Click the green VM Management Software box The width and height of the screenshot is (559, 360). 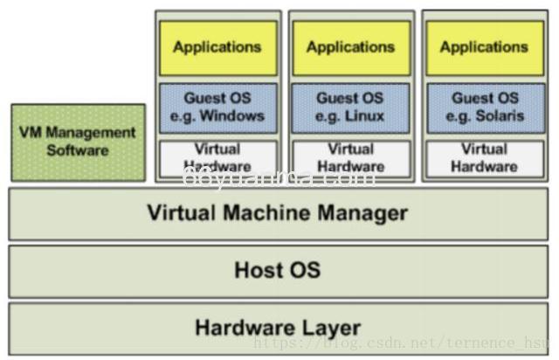click(x=78, y=142)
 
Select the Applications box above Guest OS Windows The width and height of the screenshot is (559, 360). click(x=217, y=47)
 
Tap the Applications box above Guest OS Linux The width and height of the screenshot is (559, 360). click(x=350, y=47)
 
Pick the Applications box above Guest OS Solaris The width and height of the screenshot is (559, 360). click(x=484, y=47)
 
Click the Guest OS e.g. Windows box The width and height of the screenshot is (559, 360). click(x=217, y=107)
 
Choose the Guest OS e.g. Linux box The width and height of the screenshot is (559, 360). click(x=350, y=107)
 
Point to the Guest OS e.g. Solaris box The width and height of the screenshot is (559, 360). click(x=484, y=107)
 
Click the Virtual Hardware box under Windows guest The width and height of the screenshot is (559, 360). click(x=217, y=157)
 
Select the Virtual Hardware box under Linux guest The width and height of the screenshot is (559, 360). click(x=350, y=157)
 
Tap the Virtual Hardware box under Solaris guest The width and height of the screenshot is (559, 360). click(x=484, y=157)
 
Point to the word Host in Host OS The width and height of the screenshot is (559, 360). click(x=256, y=270)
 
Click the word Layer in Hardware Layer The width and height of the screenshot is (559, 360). click(x=331, y=329)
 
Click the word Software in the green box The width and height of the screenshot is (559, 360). click(x=78, y=150)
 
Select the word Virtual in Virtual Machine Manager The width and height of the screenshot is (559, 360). click(x=179, y=212)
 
